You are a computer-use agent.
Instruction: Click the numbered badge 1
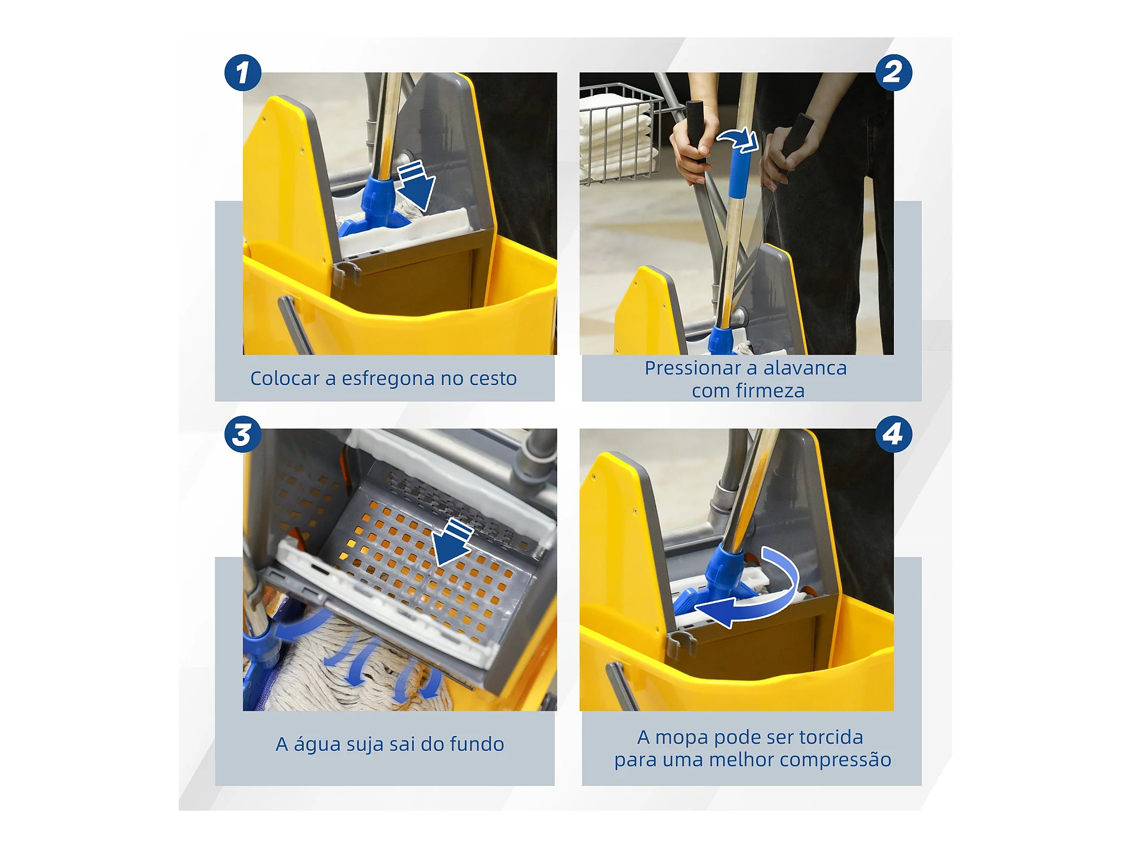(243, 73)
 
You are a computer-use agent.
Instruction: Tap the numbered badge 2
(893, 73)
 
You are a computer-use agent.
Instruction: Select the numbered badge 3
(243, 435)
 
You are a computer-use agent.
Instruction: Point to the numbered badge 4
(893, 435)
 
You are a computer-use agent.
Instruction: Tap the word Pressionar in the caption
(693, 368)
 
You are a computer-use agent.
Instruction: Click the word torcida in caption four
(831, 737)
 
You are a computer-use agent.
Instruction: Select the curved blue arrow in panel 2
(739, 139)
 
